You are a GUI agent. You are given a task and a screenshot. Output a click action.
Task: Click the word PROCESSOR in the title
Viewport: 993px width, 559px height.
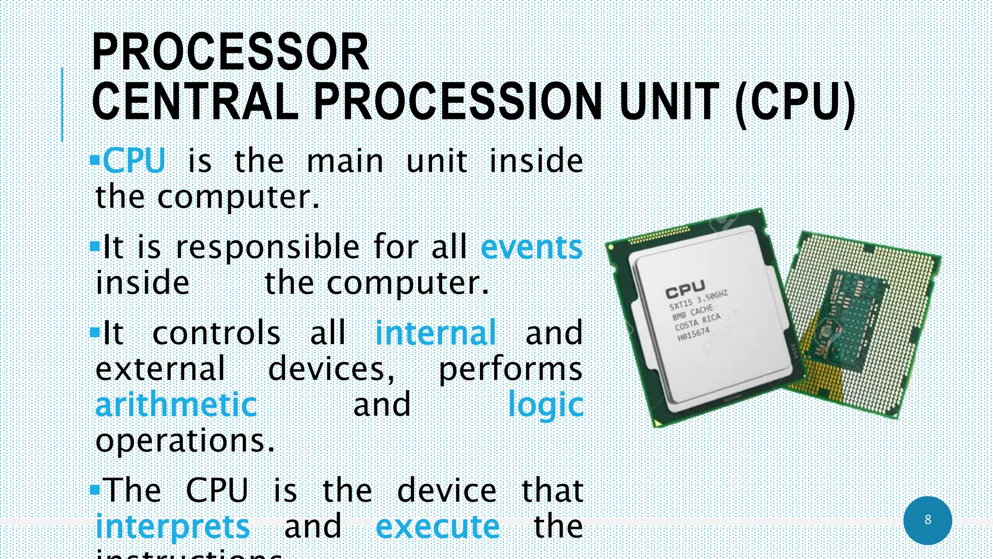tap(230, 52)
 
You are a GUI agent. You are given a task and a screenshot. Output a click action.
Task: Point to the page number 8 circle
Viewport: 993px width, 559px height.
tap(928, 520)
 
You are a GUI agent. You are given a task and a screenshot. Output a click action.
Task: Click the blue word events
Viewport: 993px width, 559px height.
tap(531, 247)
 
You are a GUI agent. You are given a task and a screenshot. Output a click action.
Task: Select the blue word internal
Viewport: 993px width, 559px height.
tap(436, 333)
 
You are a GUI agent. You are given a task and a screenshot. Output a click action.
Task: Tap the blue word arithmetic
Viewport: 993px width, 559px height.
tap(176, 405)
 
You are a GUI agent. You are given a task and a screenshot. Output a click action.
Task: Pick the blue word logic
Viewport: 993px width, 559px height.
tap(545, 406)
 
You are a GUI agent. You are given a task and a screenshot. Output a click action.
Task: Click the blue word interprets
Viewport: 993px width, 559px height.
tap(173, 526)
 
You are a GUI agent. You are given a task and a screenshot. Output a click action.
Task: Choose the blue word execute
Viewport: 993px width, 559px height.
tap(437, 526)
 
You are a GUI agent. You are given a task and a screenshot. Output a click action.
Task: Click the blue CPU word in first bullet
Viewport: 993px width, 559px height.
tap(134, 161)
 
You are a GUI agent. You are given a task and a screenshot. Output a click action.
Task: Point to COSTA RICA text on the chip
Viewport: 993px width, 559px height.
tap(698, 321)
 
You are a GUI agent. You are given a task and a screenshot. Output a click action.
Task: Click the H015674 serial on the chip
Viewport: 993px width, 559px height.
tap(694, 334)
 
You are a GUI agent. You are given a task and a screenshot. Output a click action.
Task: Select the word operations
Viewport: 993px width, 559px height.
tap(185, 441)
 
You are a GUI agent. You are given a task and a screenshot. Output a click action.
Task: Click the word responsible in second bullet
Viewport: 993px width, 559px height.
tap(268, 247)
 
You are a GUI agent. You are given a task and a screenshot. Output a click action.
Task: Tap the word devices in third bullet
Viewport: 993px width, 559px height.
tap(332, 369)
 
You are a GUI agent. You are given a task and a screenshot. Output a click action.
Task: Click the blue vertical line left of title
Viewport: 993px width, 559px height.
tap(62, 104)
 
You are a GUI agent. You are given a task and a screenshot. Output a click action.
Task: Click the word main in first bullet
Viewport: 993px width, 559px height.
tap(345, 161)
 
